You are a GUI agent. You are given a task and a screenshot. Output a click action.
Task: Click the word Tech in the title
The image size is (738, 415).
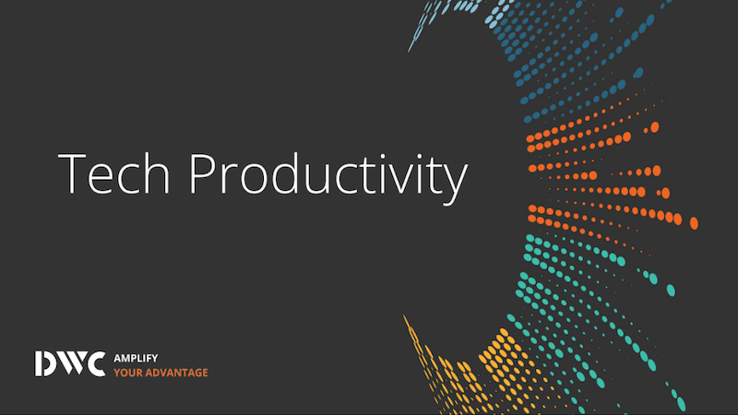pos(113,173)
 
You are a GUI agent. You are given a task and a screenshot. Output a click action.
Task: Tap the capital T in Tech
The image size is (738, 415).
pos(72,173)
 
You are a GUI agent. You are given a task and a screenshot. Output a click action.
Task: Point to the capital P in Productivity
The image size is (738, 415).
pos(202,173)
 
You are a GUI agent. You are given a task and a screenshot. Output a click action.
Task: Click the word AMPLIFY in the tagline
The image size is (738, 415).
pos(136,358)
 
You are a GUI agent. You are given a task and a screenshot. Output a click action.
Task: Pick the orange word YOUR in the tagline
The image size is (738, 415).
pos(128,373)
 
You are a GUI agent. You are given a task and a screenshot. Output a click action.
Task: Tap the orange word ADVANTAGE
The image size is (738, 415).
pos(176,373)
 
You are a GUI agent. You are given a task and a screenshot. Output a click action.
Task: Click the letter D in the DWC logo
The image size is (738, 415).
pos(45,363)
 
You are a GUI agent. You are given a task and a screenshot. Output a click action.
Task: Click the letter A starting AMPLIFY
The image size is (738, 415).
pos(118,358)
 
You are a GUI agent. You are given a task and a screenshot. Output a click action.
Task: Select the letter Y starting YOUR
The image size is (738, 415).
pos(118,373)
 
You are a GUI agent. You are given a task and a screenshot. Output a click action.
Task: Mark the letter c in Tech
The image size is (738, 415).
pos(129,179)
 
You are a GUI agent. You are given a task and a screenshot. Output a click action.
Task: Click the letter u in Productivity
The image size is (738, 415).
pos(316,179)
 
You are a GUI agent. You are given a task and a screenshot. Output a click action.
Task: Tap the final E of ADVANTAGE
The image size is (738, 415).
pos(205,373)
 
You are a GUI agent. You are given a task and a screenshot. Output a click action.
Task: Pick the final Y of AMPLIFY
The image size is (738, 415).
pos(154,358)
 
